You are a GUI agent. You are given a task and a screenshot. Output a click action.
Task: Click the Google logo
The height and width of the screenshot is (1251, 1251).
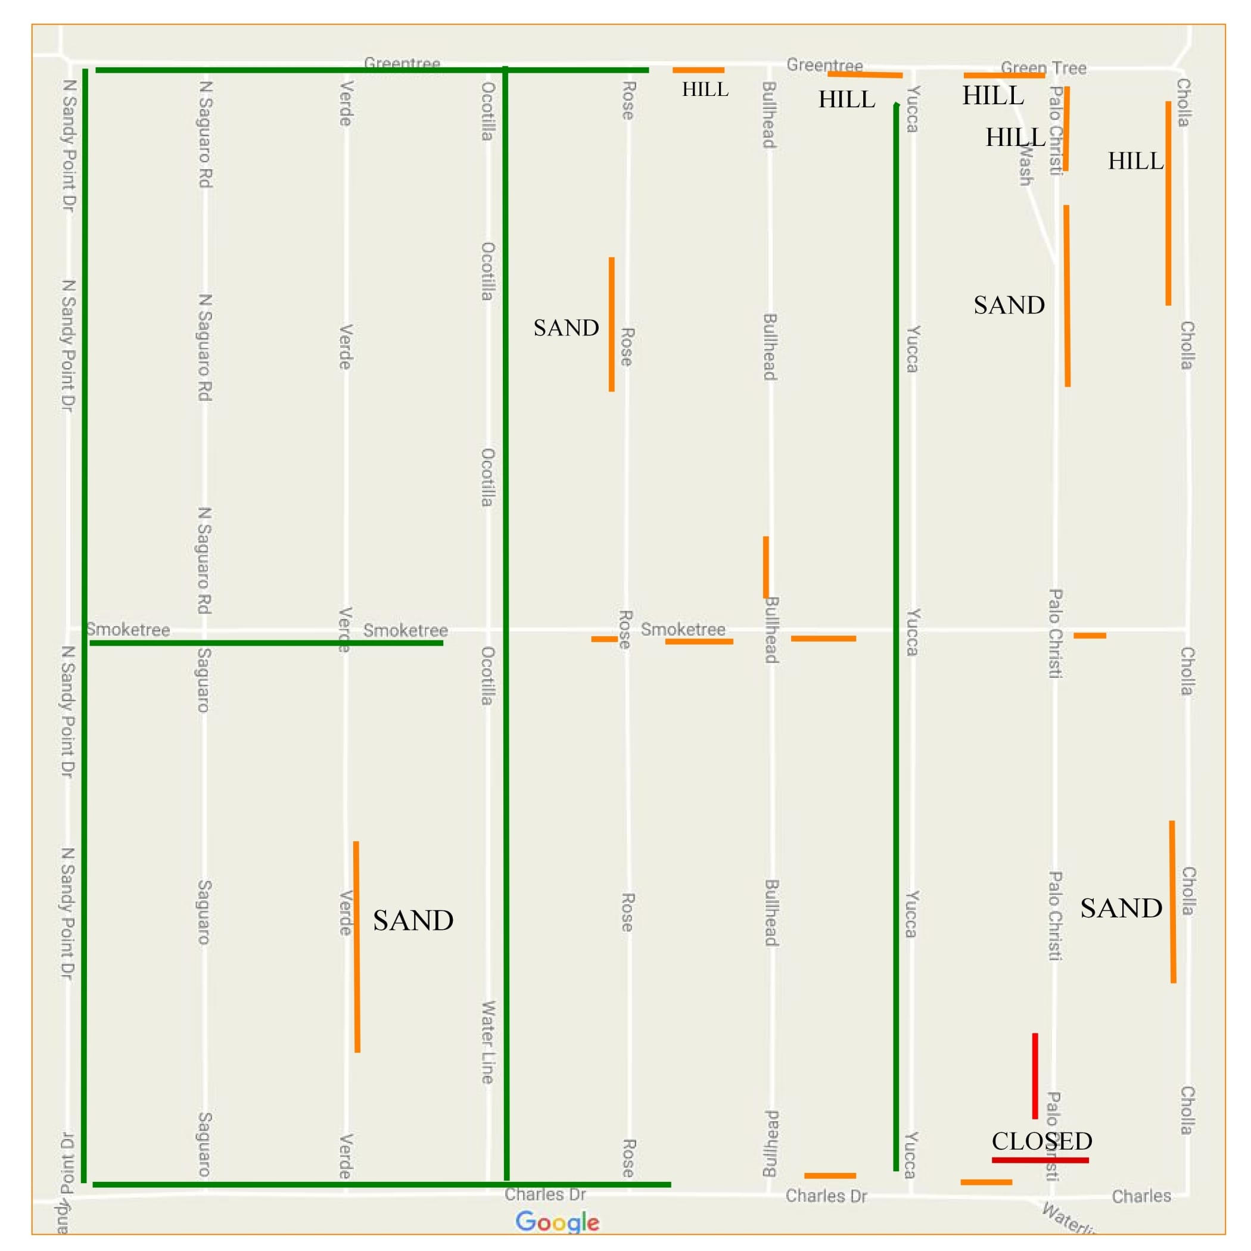557,1222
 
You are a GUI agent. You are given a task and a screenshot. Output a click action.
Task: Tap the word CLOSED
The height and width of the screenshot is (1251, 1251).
1042,1141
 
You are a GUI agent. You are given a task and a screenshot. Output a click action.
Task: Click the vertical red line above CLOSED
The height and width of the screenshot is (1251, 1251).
1035,1075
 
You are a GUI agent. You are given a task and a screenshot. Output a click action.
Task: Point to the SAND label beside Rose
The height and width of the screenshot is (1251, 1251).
566,328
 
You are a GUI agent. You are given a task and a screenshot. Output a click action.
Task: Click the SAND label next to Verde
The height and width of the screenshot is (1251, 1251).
413,921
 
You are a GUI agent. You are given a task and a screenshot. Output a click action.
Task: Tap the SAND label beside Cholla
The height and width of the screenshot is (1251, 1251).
1121,908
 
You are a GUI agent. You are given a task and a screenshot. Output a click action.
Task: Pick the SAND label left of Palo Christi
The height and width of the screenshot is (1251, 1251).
1009,305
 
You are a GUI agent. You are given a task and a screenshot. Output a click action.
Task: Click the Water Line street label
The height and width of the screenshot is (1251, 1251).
487,1042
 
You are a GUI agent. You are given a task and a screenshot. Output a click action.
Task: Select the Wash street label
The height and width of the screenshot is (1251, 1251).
1025,164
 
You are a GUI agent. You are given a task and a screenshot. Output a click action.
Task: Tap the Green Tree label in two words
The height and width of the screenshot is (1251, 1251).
1043,67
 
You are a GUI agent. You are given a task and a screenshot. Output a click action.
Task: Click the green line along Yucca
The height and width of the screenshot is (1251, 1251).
896,634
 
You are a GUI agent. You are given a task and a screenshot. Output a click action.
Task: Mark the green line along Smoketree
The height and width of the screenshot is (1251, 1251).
266,643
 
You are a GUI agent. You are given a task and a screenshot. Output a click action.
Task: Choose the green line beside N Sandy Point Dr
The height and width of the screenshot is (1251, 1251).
85,621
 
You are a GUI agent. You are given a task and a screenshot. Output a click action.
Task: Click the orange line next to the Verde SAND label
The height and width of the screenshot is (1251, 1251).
357,946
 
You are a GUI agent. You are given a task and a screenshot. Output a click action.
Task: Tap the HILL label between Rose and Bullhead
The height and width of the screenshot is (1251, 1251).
705,89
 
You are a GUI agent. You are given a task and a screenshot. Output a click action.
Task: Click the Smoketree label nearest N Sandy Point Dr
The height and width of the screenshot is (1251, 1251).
128,630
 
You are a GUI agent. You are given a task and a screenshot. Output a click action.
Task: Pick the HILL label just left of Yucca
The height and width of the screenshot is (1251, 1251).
847,99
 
